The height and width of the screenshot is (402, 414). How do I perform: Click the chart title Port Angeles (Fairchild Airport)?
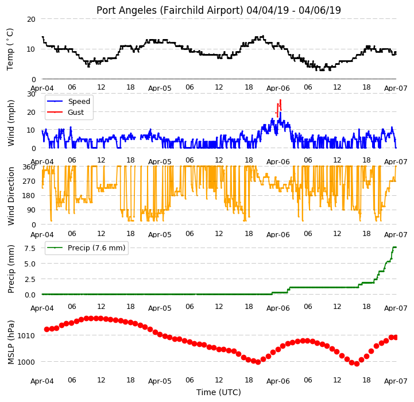click(170, 10)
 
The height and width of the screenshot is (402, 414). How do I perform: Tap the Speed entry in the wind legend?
click(79, 102)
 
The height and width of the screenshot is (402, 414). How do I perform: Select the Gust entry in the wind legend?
click(76, 112)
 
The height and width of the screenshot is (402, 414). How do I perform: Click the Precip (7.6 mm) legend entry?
click(96, 248)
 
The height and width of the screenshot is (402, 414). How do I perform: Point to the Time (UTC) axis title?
click(219, 392)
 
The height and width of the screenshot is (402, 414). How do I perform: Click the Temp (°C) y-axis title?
click(10, 49)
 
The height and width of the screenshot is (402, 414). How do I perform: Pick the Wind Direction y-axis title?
click(11, 196)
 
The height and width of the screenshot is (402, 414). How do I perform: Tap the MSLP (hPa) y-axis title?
click(11, 342)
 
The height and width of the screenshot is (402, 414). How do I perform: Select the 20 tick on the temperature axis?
click(31, 20)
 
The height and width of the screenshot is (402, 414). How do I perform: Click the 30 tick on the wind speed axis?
click(31, 94)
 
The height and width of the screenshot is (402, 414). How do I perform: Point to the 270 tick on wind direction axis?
click(29, 181)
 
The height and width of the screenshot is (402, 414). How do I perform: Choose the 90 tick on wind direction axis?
click(31, 210)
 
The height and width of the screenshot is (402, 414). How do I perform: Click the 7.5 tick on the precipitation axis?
click(30, 249)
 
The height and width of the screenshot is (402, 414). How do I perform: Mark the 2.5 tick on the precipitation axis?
click(30, 280)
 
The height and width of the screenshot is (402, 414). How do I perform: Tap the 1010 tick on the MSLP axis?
click(26, 336)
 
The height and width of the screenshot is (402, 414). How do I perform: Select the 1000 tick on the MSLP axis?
click(26, 362)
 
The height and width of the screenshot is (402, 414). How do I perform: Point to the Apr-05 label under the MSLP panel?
click(160, 381)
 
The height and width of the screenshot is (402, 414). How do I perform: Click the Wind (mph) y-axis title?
click(11, 123)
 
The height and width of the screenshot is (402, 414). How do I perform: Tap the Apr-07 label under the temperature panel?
click(396, 88)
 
